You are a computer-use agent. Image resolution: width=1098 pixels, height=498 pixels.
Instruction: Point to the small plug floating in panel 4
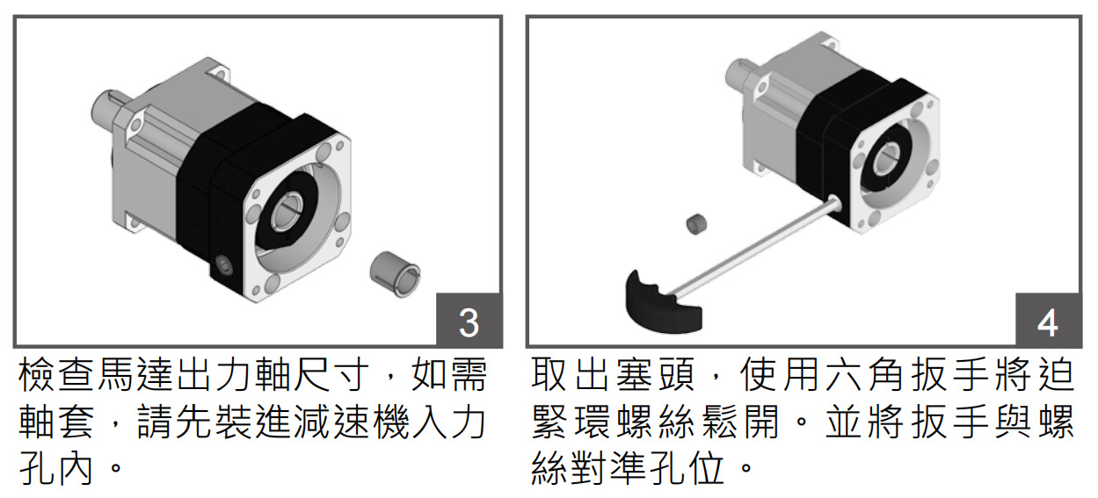pyautogui.click(x=697, y=224)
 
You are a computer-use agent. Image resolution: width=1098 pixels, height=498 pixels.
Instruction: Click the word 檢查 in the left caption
pyautogui.click(x=57, y=376)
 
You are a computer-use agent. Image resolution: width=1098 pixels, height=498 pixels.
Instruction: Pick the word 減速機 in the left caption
pyautogui.click(x=335, y=422)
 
